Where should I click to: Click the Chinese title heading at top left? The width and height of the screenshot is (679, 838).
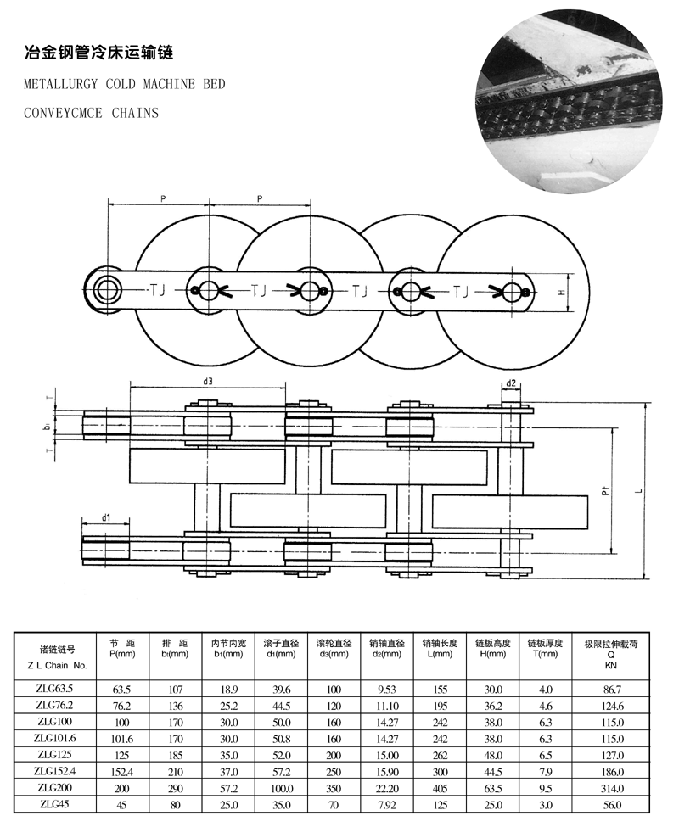(99, 53)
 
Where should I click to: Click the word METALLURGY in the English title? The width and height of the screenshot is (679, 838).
(61, 84)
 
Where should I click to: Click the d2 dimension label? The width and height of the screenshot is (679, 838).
(511, 383)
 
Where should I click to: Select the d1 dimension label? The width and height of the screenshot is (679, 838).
(105, 517)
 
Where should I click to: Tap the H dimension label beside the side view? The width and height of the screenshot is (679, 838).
(561, 293)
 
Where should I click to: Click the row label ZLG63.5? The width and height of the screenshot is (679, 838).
(54, 689)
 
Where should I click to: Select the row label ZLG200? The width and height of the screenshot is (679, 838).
(54, 787)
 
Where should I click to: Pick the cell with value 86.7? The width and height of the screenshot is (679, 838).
(612, 690)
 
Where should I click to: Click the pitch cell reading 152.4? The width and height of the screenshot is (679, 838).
(122, 772)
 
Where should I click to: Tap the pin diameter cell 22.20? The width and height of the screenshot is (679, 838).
(387, 788)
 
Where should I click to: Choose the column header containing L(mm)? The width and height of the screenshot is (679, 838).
(440, 648)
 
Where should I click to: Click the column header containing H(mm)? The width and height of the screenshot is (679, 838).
(493, 648)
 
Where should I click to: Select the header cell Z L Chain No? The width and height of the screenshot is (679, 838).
(56, 665)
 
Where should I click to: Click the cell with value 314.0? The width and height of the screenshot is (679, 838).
(612, 788)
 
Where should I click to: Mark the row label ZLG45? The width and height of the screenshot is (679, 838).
(54, 804)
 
